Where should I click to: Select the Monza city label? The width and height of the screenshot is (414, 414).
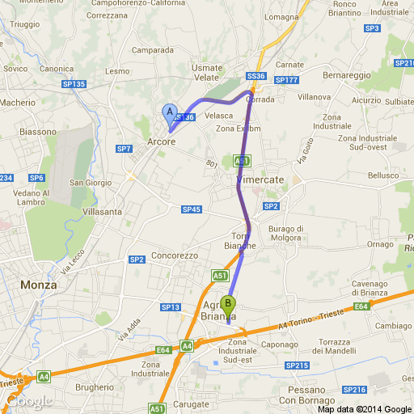pos(39,285)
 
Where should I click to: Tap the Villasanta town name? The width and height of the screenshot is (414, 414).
pos(102,211)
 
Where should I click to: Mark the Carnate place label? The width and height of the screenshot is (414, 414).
pos(289,65)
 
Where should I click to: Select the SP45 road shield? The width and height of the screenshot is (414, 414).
pos(191,209)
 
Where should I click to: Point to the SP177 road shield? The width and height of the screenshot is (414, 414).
pos(286,80)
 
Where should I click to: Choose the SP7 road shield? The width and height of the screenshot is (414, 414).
pos(124,149)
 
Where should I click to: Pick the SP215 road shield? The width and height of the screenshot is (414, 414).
pos(297,365)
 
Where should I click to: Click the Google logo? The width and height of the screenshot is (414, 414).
pos(29,400)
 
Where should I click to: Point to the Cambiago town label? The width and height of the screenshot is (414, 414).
pos(388,324)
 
